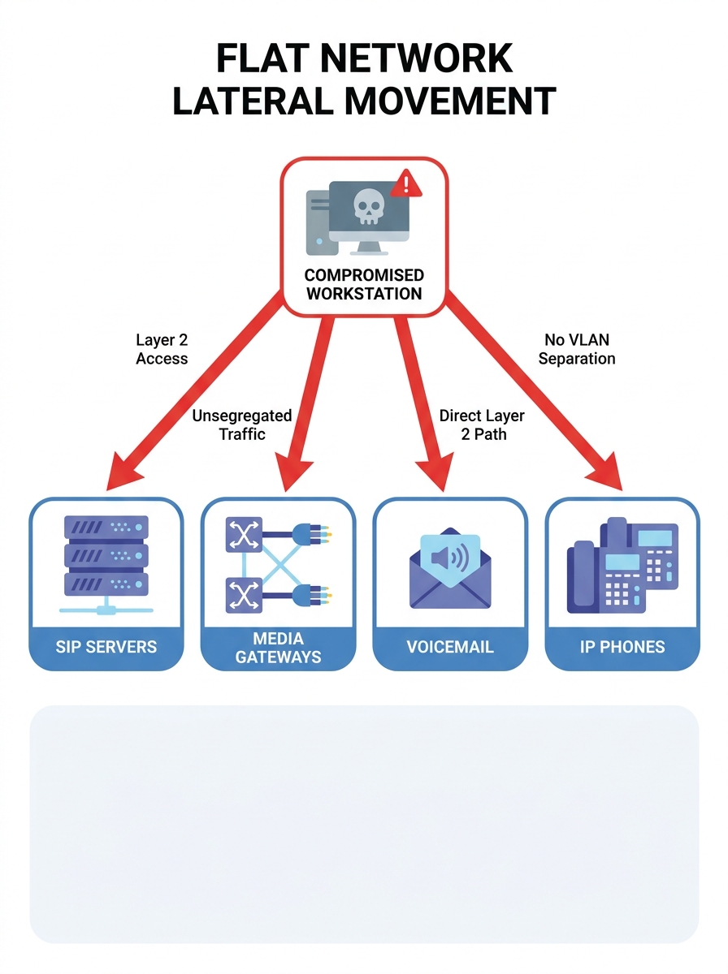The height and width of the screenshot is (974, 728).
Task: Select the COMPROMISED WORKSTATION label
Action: (x=363, y=285)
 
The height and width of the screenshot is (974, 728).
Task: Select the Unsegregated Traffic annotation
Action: (x=241, y=425)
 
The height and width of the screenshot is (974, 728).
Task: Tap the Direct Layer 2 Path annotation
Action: (x=482, y=425)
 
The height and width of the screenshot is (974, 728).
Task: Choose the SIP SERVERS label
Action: (x=106, y=647)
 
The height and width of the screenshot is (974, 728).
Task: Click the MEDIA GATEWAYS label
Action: (x=278, y=648)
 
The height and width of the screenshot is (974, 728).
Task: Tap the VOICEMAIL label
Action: (x=450, y=647)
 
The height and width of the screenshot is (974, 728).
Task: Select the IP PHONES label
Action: (x=622, y=647)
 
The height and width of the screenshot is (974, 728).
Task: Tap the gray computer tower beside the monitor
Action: (x=316, y=222)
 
